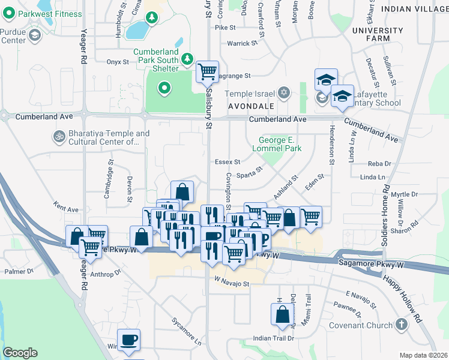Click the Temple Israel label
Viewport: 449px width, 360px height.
click(249, 94)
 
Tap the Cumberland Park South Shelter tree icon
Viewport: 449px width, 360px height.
click(188, 59)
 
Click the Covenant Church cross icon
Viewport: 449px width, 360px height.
click(401, 325)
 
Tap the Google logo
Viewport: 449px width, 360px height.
click(20, 353)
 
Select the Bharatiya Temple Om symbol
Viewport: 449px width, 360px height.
click(59, 137)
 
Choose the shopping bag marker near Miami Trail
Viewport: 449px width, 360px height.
click(282, 314)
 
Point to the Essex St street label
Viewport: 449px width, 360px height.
click(227, 162)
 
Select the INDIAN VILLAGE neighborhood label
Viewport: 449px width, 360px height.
click(414, 10)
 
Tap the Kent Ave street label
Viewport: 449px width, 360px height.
click(65, 209)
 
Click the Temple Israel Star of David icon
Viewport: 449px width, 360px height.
click(283, 94)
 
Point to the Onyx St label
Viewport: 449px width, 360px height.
click(118, 62)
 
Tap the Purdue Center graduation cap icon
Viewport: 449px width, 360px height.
click(34, 36)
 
